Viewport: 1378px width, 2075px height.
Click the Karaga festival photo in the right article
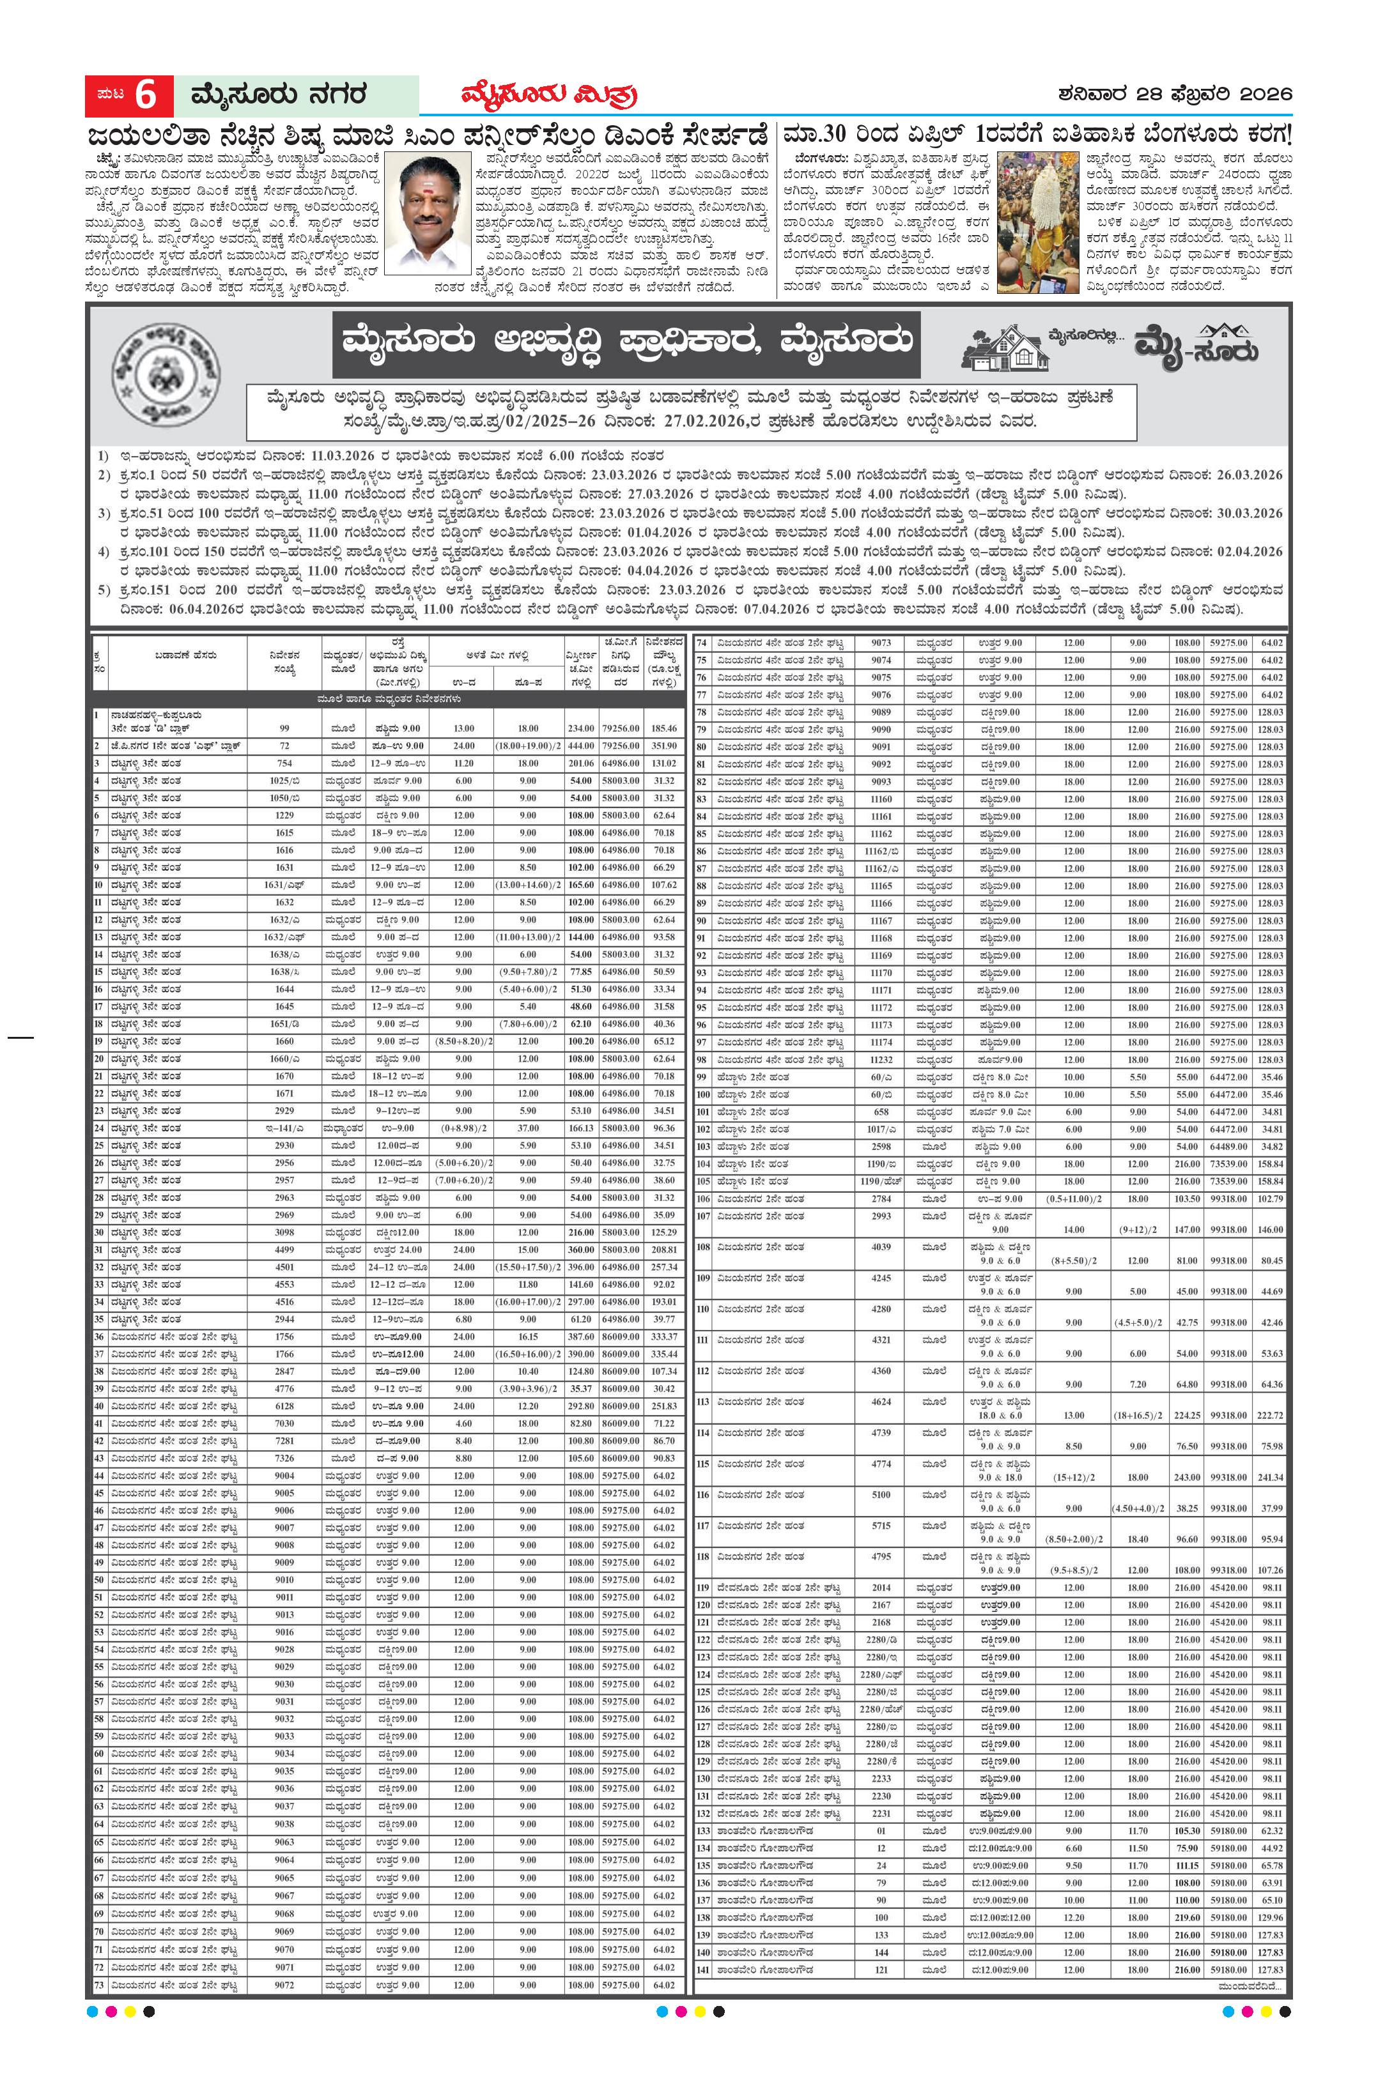[x=1039, y=223]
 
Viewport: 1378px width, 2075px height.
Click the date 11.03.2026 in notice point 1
[x=340, y=456]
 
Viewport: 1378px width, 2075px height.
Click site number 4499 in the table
[x=284, y=1249]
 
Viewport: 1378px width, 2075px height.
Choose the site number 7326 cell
[x=284, y=1459]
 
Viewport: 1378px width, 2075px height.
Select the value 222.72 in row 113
[x=1270, y=1415]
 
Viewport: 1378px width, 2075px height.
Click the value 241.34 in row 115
[x=1270, y=1478]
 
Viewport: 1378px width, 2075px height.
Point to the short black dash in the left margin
[x=20, y=1037]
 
